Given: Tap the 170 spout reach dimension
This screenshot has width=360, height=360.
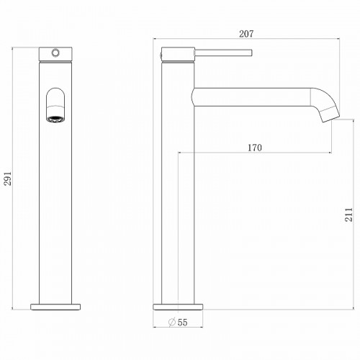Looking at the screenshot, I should [x=254, y=148].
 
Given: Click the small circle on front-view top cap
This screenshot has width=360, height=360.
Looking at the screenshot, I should [x=55, y=53].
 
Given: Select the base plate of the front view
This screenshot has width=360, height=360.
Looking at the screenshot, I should [x=55, y=306].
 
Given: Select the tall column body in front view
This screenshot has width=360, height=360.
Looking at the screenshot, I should [x=55, y=202].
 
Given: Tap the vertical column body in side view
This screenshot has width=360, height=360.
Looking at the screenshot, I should [x=177, y=202].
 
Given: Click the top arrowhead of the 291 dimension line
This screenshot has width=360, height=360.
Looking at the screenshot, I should [x=14, y=50].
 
